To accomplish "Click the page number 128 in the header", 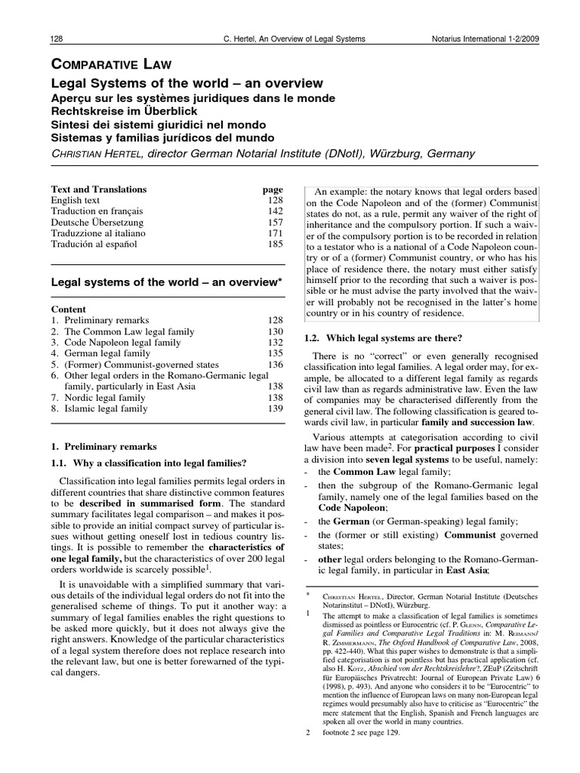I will (x=57, y=38).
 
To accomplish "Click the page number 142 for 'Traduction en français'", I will (x=273, y=212).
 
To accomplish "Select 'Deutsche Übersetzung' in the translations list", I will (x=97, y=223).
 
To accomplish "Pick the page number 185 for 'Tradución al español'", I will (x=273, y=245).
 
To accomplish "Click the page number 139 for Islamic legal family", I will (x=273, y=408).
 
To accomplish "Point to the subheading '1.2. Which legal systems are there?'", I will (x=383, y=337).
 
